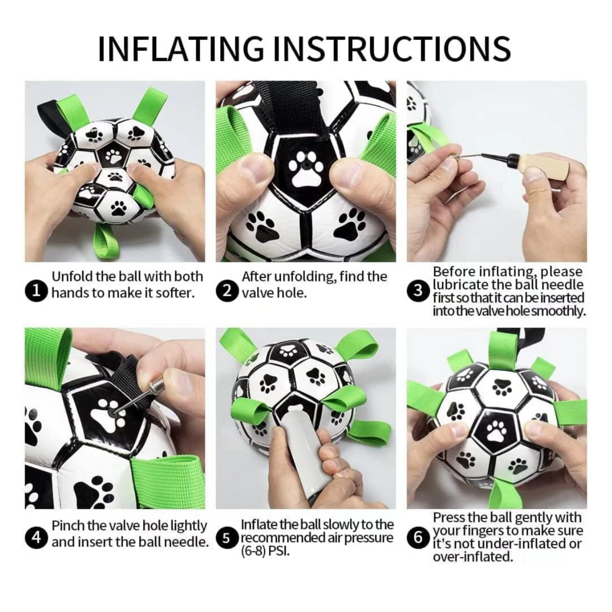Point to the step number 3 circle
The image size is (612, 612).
[418, 291]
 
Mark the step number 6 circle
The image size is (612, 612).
[418, 537]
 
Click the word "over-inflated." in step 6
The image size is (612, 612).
[473, 557]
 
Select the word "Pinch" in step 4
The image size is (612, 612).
[68, 526]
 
